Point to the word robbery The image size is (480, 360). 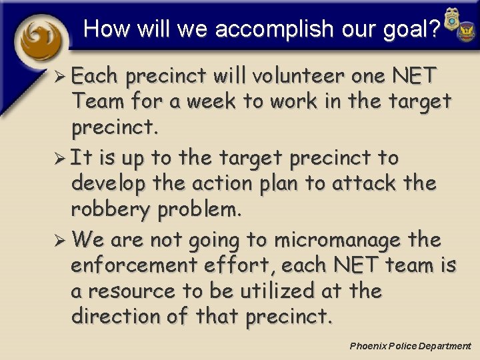pyautogui.click(x=111, y=210)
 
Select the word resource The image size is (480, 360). pyautogui.click(x=135, y=291)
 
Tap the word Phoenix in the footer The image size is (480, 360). pyautogui.click(x=367, y=346)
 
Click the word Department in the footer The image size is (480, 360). pyautogui.click(x=444, y=346)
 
